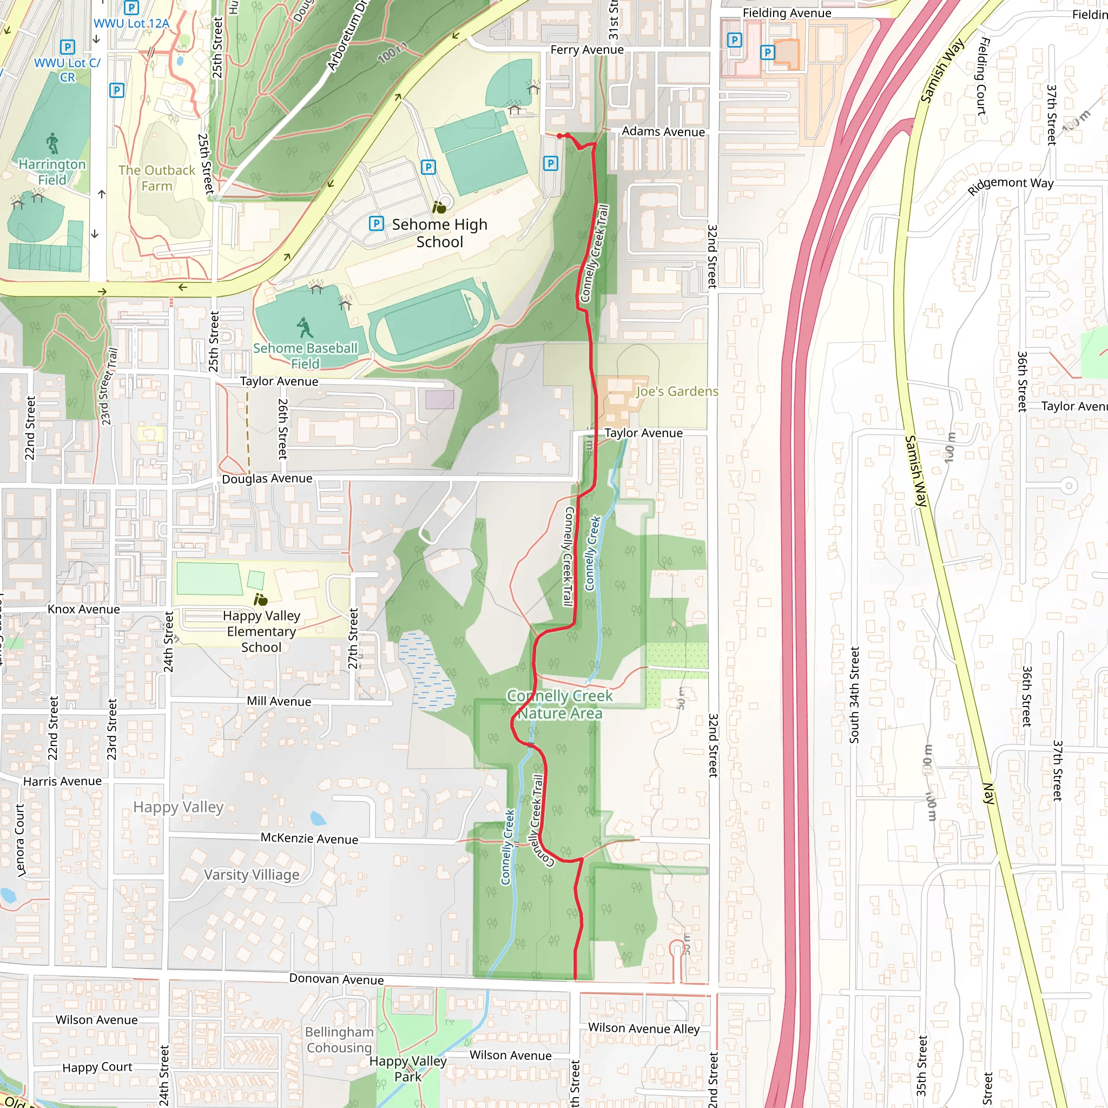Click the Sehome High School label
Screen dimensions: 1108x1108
[439, 233]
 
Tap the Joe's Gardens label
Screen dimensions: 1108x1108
[677, 391]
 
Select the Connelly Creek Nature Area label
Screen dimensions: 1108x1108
[560, 704]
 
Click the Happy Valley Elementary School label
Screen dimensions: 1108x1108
[261, 631]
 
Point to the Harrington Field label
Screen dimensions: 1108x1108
[52, 172]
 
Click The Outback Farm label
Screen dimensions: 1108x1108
[156, 178]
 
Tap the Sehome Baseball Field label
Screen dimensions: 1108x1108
[305, 355]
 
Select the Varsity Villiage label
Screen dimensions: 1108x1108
[252, 875]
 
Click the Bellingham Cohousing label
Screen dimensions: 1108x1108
[339, 1039]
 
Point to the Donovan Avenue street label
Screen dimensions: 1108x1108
[336, 979]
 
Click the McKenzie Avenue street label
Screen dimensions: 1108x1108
[309, 839]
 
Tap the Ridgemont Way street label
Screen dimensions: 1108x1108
[1011, 184]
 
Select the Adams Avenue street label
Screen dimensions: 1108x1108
[663, 131]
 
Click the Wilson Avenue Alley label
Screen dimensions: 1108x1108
[643, 1028]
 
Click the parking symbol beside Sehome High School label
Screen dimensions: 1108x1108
[376, 223]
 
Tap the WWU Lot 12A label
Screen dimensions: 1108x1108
[131, 23]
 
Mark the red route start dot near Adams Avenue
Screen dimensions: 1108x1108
[559, 136]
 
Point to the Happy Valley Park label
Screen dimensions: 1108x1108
[408, 1069]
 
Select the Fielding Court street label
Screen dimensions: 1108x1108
[982, 76]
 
